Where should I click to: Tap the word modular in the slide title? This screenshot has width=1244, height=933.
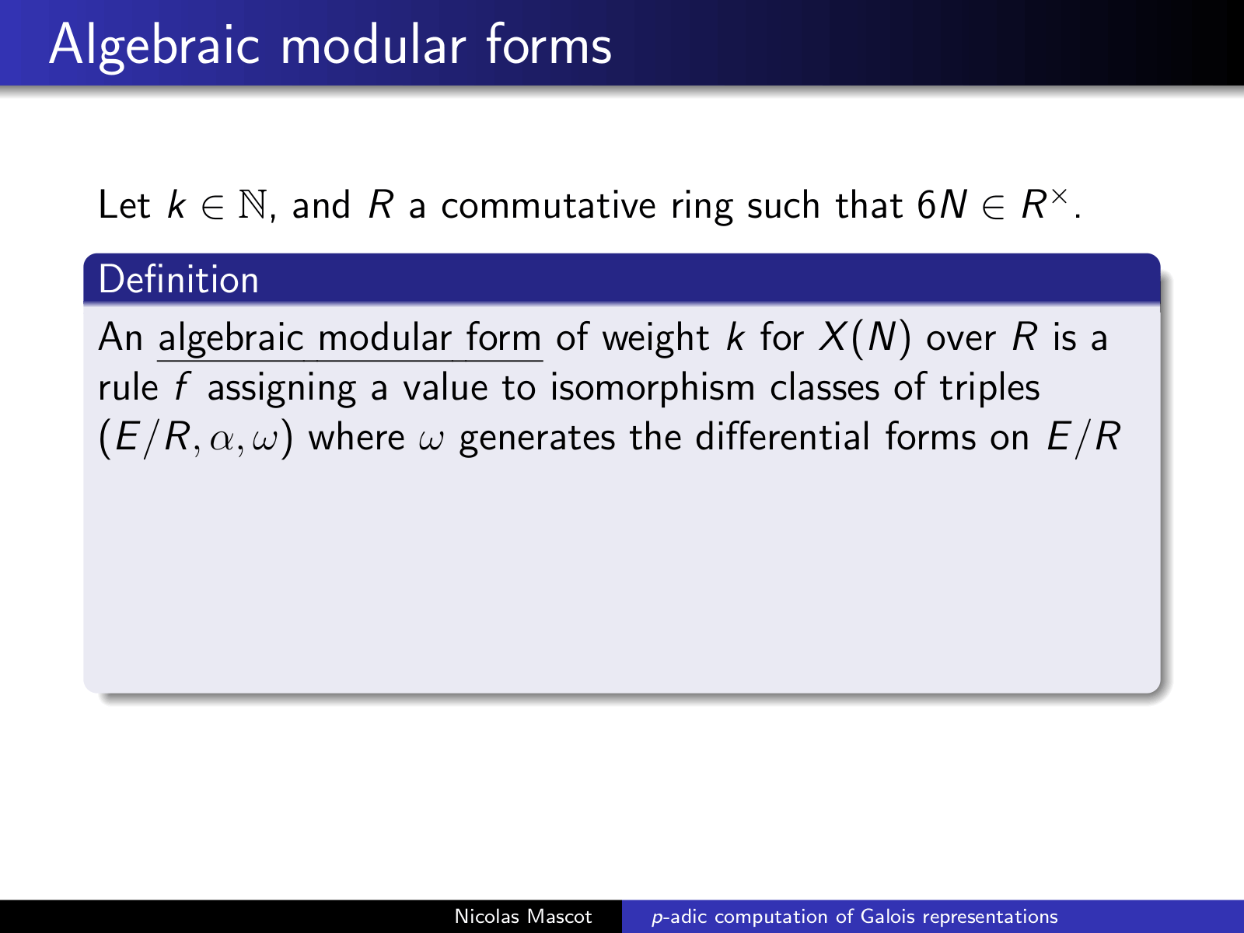[373, 45]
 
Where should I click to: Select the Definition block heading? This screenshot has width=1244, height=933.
[179, 279]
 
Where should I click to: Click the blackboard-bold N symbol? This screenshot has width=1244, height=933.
[253, 204]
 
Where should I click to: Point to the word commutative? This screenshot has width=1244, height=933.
[548, 204]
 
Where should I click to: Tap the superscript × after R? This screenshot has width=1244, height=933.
[1059, 197]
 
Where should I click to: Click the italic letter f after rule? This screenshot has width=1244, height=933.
[181, 388]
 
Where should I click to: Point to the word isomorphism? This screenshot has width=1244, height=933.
[652, 388]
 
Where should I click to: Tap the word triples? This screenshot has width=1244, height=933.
[990, 388]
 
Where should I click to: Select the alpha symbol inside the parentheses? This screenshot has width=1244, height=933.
[221, 439]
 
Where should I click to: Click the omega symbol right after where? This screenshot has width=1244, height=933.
[432, 439]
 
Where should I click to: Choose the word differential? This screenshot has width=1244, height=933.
[782, 437]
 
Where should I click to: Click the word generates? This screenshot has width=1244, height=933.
[536, 439]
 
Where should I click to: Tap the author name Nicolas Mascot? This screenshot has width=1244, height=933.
[523, 917]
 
